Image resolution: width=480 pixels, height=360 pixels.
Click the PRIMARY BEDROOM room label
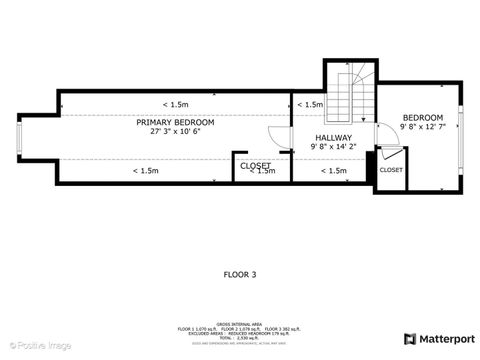pyautogui.click(x=175, y=122)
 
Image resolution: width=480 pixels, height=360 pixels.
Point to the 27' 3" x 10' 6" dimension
pyautogui.click(x=175, y=132)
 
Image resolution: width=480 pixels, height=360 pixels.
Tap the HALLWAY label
pyautogui.click(x=333, y=137)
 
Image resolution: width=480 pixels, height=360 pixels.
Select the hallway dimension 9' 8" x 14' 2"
pyautogui.click(x=333, y=147)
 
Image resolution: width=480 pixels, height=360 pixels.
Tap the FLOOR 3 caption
pyautogui.click(x=240, y=273)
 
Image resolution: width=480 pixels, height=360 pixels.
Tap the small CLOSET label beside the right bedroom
pyautogui.click(x=391, y=170)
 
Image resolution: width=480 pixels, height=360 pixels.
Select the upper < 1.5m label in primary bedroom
pyautogui.click(x=175, y=104)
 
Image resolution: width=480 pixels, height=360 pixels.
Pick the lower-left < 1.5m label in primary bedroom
pyautogui.click(x=145, y=171)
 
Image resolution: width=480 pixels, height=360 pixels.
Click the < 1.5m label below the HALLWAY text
pyautogui.click(x=333, y=171)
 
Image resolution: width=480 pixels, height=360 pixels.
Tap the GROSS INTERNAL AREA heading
pyautogui.click(x=240, y=323)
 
